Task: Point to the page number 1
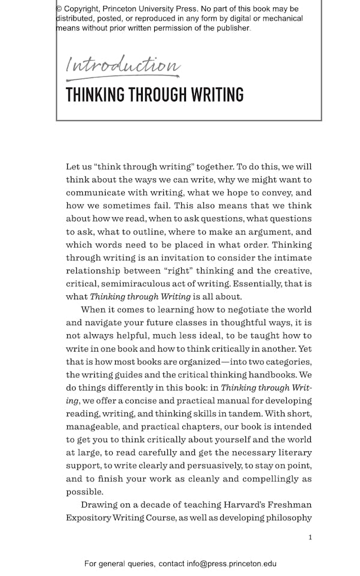pyautogui.click(x=310, y=537)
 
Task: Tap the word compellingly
pyautogui.click(x=268, y=479)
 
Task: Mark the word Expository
pyautogui.click(x=88, y=518)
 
